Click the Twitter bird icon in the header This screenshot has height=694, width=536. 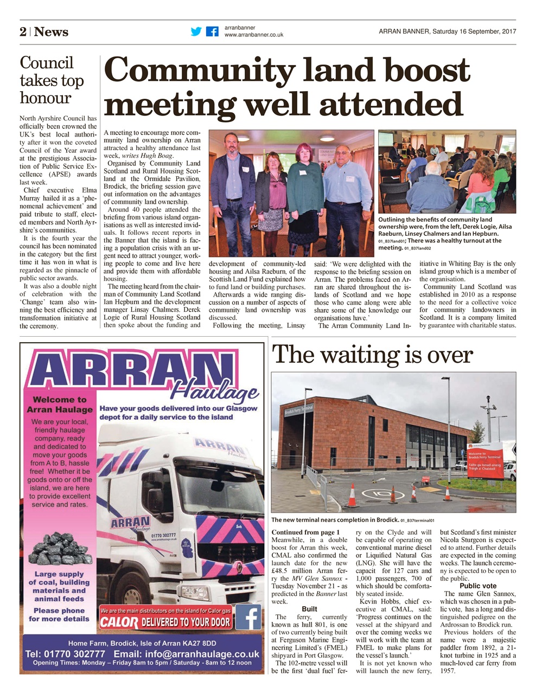(196, 31)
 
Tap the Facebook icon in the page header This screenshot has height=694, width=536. (212, 31)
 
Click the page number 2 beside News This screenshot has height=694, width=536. (23, 32)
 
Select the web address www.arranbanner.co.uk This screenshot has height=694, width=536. (253, 35)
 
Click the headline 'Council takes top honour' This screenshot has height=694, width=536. (52, 80)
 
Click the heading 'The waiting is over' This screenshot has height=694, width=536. (372, 355)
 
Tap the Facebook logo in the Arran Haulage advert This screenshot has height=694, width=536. (248, 617)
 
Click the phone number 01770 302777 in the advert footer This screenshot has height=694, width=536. (65, 654)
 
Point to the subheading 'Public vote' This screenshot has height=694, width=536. (478, 586)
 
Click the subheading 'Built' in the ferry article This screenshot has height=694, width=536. (309, 609)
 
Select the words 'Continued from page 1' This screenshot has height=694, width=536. (305, 532)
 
